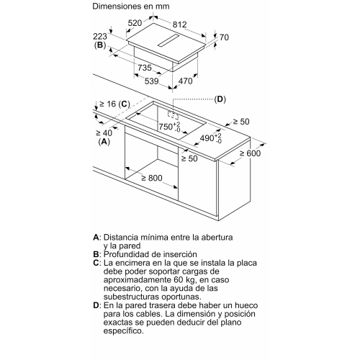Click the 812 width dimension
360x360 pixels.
click(x=179, y=24)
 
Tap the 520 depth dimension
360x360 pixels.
click(x=135, y=23)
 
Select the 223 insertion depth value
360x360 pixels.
click(x=100, y=37)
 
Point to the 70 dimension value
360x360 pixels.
click(x=224, y=37)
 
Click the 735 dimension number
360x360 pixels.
click(x=145, y=68)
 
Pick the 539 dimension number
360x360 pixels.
click(x=152, y=81)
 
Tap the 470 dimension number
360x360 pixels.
click(x=186, y=81)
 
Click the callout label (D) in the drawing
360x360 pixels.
click(x=220, y=99)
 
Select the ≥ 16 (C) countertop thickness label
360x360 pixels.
click(x=114, y=104)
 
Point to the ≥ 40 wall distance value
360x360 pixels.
click(x=104, y=132)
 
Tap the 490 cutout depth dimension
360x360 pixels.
click(x=211, y=138)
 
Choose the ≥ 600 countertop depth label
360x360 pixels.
click(x=250, y=153)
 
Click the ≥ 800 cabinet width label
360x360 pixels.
click(x=152, y=178)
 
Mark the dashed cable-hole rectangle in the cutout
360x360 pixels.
click(x=174, y=115)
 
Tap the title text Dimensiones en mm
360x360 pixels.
click(x=131, y=6)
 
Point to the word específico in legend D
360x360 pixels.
click(x=124, y=331)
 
